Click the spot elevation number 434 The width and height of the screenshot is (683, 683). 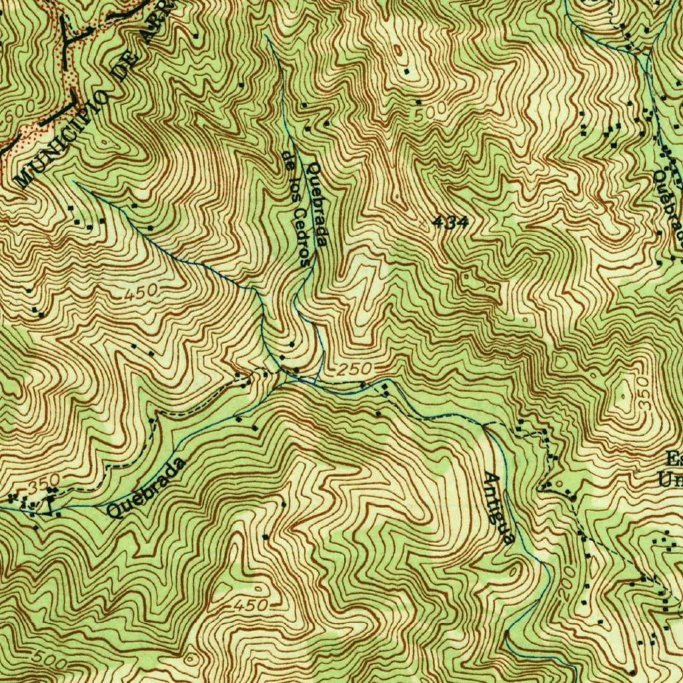click(x=450, y=223)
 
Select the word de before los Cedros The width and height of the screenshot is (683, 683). click(x=287, y=159)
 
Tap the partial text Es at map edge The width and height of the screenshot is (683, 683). click(x=674, y=459)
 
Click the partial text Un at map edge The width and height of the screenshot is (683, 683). click(x=670, y=479)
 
